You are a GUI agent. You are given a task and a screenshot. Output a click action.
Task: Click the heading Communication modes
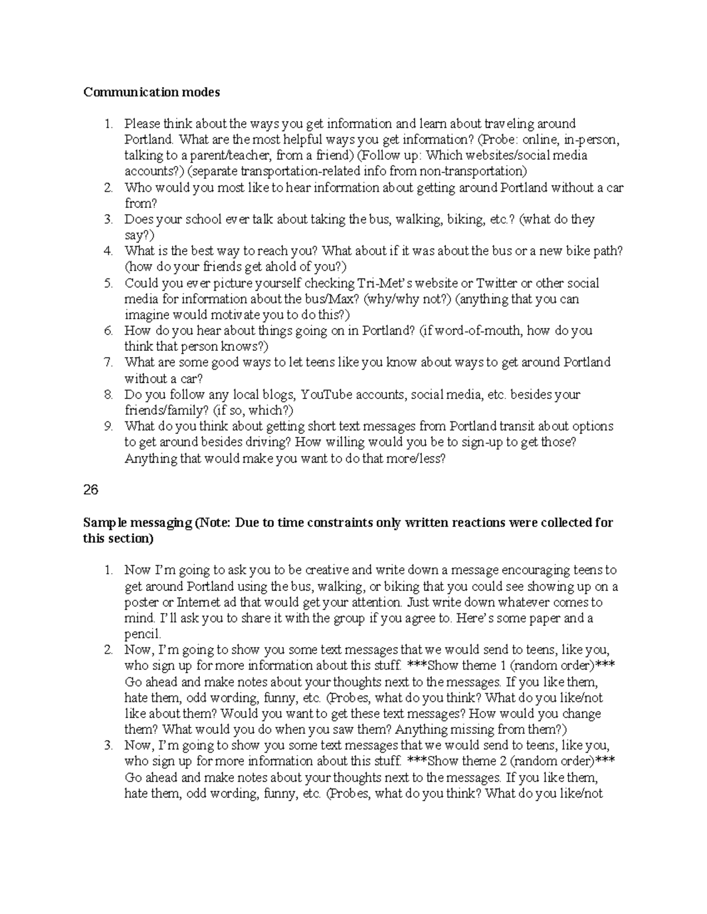tap(151, 92)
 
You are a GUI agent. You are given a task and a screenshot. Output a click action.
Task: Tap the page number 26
tap(90, 490)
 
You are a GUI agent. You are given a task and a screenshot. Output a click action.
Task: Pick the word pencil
tap(142, 634)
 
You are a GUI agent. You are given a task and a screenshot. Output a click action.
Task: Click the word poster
tap(140, 603)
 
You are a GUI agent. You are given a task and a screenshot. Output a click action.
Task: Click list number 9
tap(108, 426)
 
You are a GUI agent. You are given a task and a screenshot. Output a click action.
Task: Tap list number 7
tap(108, 363)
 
